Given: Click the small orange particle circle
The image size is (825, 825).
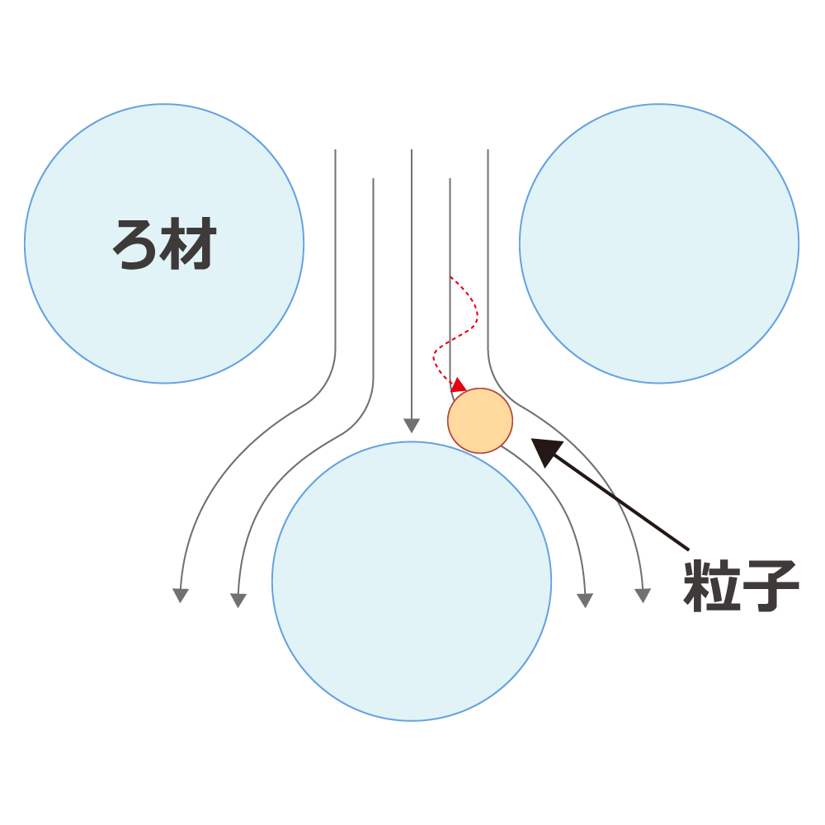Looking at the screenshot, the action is point(480,421).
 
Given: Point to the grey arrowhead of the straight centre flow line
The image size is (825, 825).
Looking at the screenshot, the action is point(412,425).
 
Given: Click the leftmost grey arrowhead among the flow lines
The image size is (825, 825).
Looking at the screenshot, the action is point(181,595).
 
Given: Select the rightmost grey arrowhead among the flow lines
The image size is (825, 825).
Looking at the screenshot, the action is point(643,595).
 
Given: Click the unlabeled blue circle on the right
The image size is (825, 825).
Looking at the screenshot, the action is point(659,243).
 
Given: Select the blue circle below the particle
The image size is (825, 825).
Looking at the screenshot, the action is point(412,582).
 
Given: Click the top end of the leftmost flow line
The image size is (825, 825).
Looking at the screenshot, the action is point(335,150).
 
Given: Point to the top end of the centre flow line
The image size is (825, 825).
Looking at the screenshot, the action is point(412,150).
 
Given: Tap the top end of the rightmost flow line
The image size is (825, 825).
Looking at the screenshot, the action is point(488,150).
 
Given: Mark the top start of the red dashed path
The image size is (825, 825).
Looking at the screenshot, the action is point(450,276).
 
